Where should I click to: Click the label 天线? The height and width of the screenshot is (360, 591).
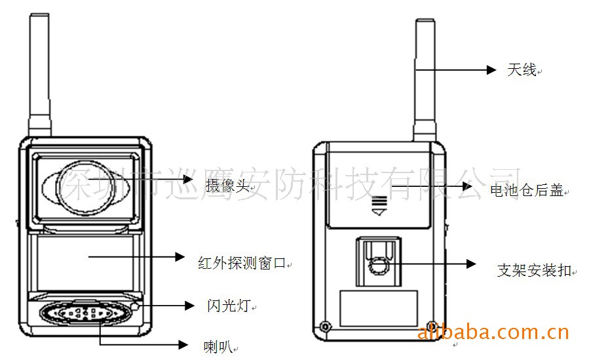[x=522, y=70]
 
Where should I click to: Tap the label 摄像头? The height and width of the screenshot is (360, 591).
[x=227, y=186]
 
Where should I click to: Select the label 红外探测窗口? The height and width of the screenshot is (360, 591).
[x=242, y=263]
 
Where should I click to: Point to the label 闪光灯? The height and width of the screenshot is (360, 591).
[x=229, y=306]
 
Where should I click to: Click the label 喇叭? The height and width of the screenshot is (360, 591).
[x=218, y=346]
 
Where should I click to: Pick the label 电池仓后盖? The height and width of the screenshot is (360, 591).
[x=527, y=190]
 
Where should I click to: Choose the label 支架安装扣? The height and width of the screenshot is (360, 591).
[x=534, y=270]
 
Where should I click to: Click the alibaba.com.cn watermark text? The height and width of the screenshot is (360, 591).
[x=493, y=332]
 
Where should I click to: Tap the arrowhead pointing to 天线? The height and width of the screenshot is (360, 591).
[x=491, y=70]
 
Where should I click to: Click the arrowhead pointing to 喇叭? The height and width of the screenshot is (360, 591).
[x=183, y=344]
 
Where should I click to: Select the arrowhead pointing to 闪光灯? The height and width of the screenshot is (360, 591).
[x=189, y=306]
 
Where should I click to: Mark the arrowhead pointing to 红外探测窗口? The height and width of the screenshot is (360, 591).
[x=180, y=256]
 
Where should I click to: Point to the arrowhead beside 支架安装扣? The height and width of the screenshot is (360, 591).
[x=471, y=264]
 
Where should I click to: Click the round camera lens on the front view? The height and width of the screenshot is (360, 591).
[x=81, y=188]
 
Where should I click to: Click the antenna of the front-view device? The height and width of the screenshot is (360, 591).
[x=39, y=75]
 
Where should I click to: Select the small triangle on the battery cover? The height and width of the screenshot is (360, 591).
[x=379, y=212]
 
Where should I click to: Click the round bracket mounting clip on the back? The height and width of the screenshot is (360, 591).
[x=378, y=267]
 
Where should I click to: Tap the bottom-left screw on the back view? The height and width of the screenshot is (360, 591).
[x=325, y=326]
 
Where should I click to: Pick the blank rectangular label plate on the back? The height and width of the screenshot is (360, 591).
[x=379, y=308]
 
